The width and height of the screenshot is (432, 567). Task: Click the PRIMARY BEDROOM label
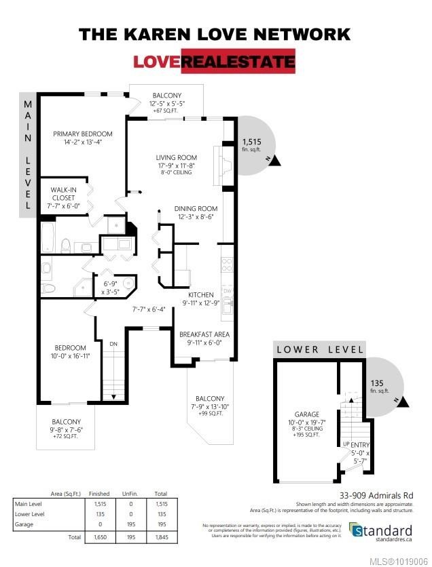point(83,134)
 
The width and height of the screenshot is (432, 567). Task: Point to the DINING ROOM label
point(196,209)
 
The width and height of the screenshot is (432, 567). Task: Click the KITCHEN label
point(201,295)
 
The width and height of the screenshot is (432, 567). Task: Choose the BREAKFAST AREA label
point(204,334)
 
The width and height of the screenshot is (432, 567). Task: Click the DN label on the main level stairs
point(113,345)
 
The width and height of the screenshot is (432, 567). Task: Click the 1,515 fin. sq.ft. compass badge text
point(251,142)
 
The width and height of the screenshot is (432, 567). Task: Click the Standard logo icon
point(357,530)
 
